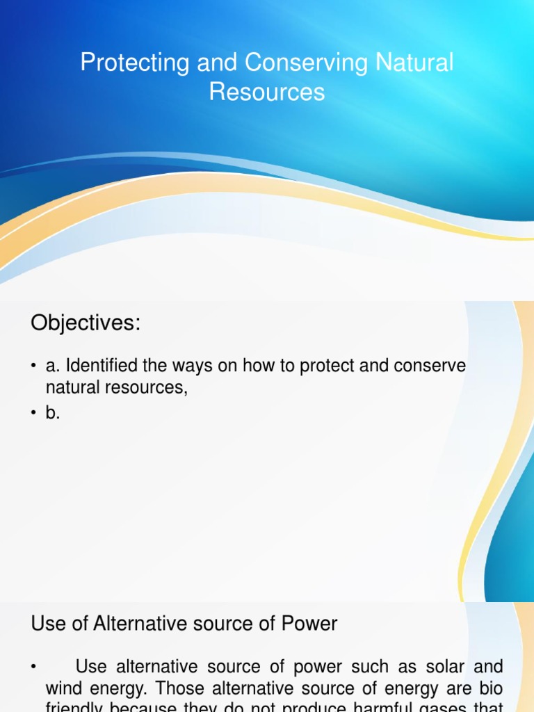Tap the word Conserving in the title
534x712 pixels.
[287, 63]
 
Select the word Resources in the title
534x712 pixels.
[267, 92]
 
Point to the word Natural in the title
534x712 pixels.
[415, 63]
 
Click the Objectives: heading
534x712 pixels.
[86, 323]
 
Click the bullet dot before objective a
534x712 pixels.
[33, 367]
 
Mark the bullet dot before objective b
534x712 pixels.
[33, 414]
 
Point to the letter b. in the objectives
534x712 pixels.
[53, 413]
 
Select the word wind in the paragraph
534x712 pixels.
[61, 689]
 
